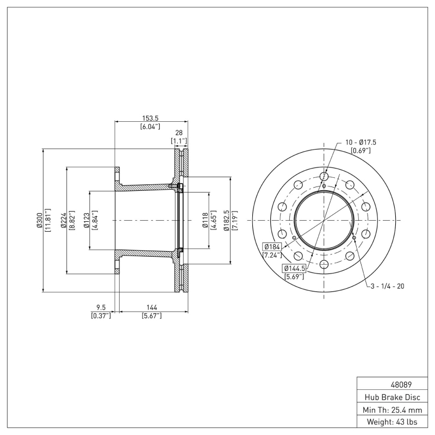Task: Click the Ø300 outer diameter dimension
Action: coord(39,221)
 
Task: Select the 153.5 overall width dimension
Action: coord(151,118)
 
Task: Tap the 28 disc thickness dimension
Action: coord(179,133)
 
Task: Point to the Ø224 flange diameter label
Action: coord(64,221)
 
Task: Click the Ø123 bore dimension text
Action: coord(86,221)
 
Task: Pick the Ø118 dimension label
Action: coord(206,221)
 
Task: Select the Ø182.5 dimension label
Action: coord(226,221)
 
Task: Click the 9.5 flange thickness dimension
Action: coord(101,307)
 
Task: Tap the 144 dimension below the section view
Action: coord(152,307)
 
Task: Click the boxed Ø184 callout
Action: coord(272,246)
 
